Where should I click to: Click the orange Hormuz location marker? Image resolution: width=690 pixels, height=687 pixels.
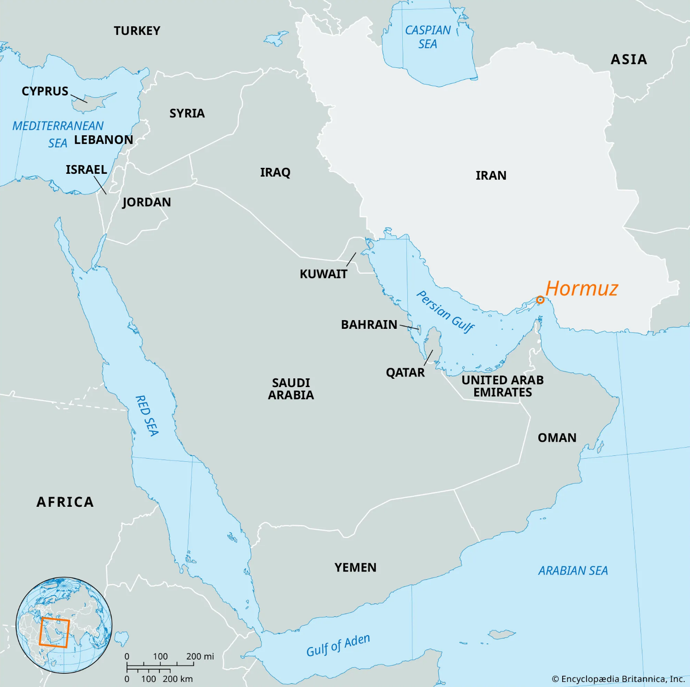(x=540, y=300)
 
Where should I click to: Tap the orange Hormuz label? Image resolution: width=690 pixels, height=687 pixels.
(x=581, y=288)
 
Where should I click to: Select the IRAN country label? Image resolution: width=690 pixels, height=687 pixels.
(x=491, y=176)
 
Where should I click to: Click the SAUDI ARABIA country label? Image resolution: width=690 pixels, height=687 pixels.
(x=291, y=389)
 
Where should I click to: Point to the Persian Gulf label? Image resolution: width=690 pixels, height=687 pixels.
(x=445, y=311)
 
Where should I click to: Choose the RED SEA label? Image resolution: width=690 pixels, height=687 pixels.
(x=147, y=416)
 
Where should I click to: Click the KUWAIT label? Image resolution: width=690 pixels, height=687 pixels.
(x=323, y=274)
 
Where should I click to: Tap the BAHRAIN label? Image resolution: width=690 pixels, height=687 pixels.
(x=369, y=325)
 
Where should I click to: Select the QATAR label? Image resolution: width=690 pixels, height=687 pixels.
(x=405, y=372)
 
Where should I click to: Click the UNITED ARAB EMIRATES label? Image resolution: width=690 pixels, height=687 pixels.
(x=503, y=386)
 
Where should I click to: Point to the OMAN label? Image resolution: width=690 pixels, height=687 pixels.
(x=557, y=438)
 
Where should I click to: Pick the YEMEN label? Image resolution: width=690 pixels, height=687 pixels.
(x=355, y=568)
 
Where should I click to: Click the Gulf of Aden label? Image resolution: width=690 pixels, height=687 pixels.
(x=338, y=645)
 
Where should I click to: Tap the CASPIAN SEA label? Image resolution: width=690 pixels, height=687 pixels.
(x=427, y=37)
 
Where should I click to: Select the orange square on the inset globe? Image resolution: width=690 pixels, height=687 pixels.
(x=54, y=632)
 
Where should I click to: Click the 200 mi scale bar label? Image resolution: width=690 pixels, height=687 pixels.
(x=200, y=656)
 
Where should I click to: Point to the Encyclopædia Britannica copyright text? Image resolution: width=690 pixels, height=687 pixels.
(x=618, y=679)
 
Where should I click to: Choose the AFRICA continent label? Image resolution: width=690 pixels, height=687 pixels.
(x=65, y=502)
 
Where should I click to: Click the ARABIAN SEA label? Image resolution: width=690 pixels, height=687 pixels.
(x=573, y=571)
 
